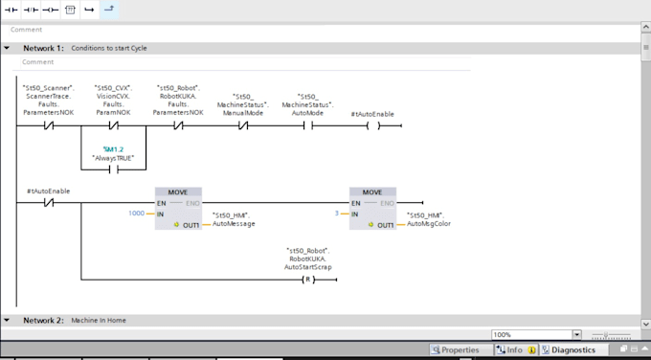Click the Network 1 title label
tap(43, 48)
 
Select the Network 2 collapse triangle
tap(8, 320)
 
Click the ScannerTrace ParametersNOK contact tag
tap(48, 100)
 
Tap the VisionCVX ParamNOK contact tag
tap(114, 100)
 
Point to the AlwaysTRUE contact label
tap(114, 157)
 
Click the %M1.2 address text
tap(114, 149)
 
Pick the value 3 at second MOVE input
tap(336, 214)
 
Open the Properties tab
tap(455, 350)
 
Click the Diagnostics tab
tap(574, 350)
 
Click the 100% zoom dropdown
tap(536, 334)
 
